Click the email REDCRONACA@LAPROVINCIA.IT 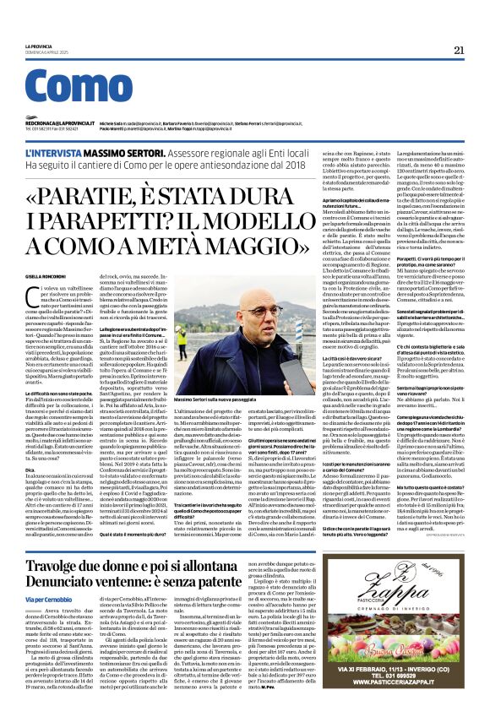(x=57, y=122)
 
